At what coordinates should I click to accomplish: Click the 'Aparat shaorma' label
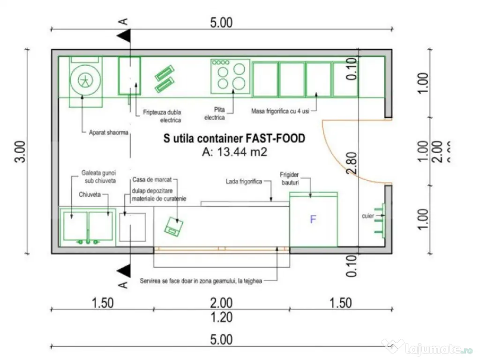click(108, 133)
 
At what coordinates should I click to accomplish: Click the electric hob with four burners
click(230, 76)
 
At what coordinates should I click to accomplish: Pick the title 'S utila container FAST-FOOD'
click(234, 138)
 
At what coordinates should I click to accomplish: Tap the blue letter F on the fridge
click(313, 219)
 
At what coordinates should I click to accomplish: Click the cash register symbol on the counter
click(174, 227)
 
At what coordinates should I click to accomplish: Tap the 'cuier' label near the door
click(367, 216)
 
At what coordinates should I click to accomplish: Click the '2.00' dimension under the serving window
click(221, 303)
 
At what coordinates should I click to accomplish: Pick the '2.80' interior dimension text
click(352, 163)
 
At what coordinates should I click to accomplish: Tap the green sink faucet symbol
click(88, 241)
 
